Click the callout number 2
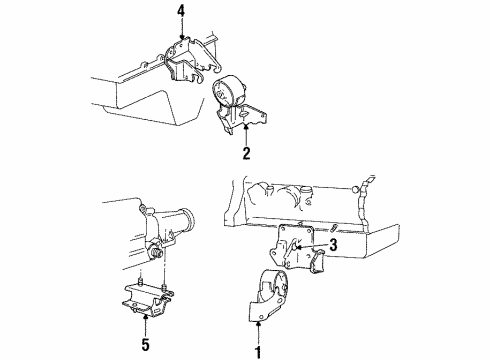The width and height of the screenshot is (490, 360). [245, 155]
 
